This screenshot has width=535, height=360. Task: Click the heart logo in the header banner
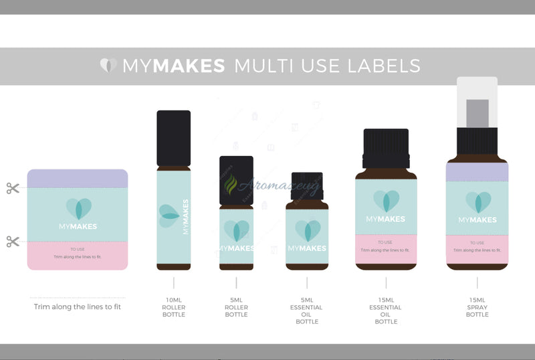pyautogui.click(x=108, y=65)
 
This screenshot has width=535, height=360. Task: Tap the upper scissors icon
pyautogui.click(x=13, y=188)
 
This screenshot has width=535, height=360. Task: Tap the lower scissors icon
pyautogui.click(x=13, y=241)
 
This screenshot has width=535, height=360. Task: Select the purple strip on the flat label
pyautogui.click(x=78, y=179)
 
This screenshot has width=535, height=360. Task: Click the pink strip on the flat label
pyautogui.click(x=78, y=255)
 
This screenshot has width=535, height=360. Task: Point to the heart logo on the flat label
pyautogui.click(x=78, y=209)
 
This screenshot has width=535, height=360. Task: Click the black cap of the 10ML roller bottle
pyautogui.click(x=173, y=138)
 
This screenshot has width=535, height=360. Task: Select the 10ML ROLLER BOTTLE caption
pyautogui.click(x=173, y=307)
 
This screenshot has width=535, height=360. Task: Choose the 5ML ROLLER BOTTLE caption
pyautogui.click(x=236, y=307)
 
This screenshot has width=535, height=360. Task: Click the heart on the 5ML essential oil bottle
pyautogui.click(x=308, y=230)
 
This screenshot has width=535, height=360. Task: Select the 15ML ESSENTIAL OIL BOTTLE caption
pyautogui.click(x=386, y=310)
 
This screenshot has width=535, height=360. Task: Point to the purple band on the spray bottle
pyautogui.click(x=477, y=172)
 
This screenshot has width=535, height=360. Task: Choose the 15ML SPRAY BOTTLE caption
pyautogui.click(x=477, y=307)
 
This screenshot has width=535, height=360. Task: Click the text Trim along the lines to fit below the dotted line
pyautogui.click(x=78, y=307)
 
